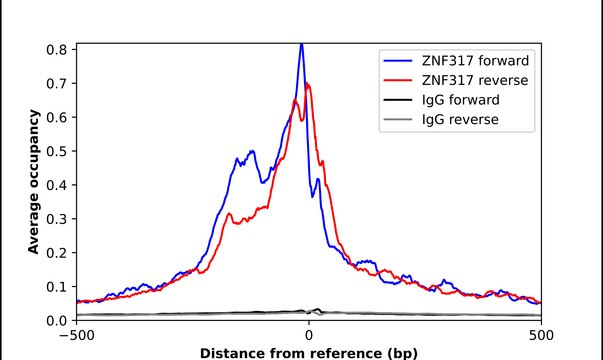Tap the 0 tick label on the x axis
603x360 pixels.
pos(308,337)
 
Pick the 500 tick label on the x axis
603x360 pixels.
pos(541,337)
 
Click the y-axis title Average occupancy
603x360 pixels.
pos(33,183)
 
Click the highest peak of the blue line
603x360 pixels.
pos(301,44)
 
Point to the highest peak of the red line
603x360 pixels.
pos(308,84)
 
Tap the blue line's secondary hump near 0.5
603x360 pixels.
pos(252,152)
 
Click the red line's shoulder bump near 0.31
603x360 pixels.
pos(229,215)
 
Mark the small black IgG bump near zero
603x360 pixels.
pos(318,310)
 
